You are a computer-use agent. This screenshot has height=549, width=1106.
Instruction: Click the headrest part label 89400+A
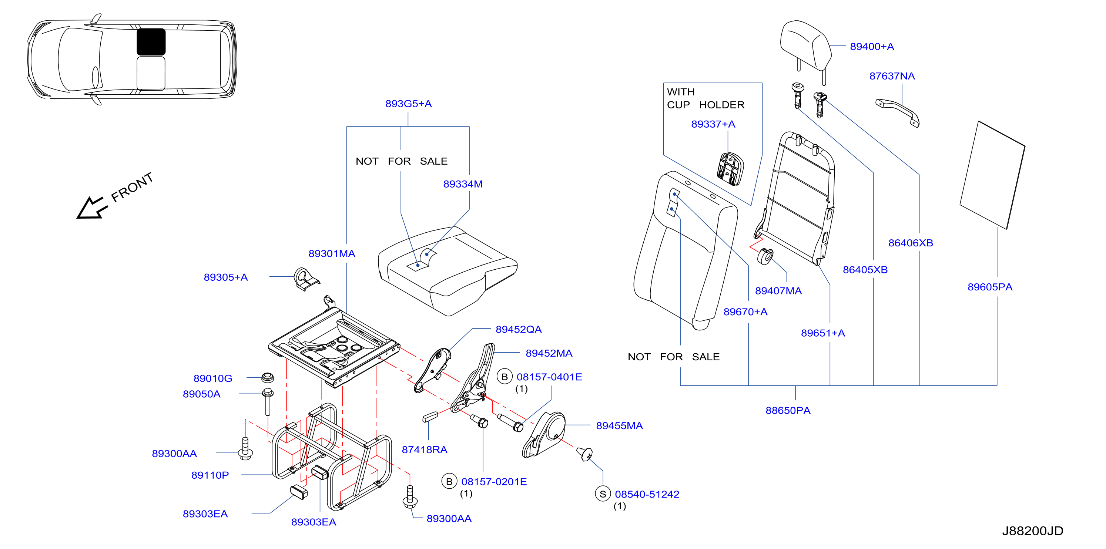pyautogui.click(x=872, y=46)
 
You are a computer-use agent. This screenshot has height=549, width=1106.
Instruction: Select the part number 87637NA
pyautogui.click(x=892, y=76)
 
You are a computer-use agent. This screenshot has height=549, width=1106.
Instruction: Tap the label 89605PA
pyautogui.click(x=990, y=287)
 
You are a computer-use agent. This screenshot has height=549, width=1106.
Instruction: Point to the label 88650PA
pyautogui.click(x=788, y=410)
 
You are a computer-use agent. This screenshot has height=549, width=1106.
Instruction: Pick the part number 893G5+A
pyautogui.click(x=408, y=104)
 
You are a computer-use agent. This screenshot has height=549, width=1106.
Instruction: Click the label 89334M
pyautogui.click(x=463, y=184)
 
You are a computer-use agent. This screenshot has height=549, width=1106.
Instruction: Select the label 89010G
pyautogui.click(x=212, y=378)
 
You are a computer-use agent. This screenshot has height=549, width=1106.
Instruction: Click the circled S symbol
pyautogui.click(x=603, y=494)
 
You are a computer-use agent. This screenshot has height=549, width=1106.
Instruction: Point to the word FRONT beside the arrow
pyautogui.click(x=132, y=187)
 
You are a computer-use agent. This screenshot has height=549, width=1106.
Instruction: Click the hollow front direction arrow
pyautogui.click(x=91, y=208)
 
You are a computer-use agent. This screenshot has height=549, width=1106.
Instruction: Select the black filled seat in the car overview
pyautogui.click(x=151, y=42)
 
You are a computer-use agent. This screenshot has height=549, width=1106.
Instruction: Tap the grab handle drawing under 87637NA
pyautogui.click(x=897, y=112)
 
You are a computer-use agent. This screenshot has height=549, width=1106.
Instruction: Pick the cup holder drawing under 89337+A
pyautogui.click(x=730, y=169)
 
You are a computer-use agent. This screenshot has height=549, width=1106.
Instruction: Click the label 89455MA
pyautogui.click(x=619, y=426)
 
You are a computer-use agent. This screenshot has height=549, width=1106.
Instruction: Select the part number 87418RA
pyautogui.click(x=424, y=449)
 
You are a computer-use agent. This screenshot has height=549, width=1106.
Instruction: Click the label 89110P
pyautogui.click(x=210, y=475)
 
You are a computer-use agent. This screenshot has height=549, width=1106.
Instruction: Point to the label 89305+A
pyautogui.click(x=225, y=277)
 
